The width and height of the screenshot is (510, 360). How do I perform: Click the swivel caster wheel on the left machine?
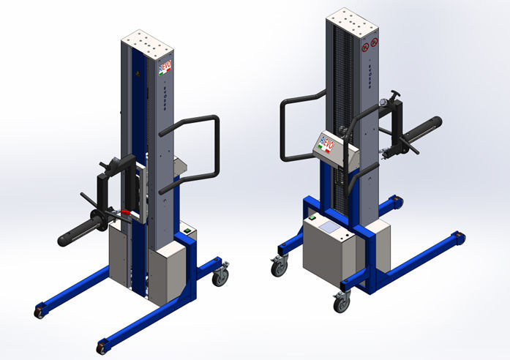[220, 276]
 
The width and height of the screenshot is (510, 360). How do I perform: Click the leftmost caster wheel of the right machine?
[280, 267]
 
